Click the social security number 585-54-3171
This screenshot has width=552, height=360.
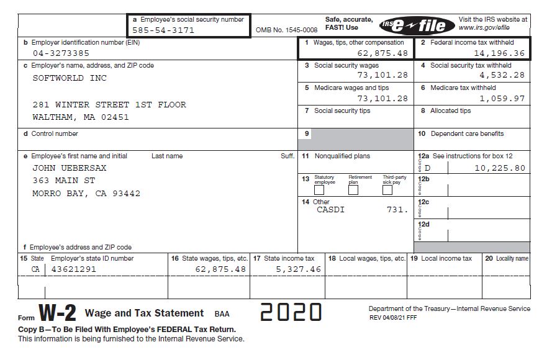(163, 30)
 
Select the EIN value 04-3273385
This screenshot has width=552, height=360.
(61, 53)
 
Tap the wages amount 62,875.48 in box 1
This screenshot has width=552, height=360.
(382, 53)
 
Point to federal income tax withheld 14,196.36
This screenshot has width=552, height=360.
(499, 53)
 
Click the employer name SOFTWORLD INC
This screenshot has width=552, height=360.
(70, 78)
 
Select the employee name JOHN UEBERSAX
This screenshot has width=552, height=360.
(70, 168)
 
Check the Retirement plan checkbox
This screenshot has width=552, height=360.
(353, 190)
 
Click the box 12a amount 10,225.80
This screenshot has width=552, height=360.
(500, 168)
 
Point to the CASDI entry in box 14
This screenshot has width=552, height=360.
(330, 210)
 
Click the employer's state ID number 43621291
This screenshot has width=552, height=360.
(73, 269)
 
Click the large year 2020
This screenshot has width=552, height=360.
(291, 312)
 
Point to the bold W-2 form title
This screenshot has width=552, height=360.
(57, 312)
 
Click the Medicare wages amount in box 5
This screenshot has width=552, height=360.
(382, 99)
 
